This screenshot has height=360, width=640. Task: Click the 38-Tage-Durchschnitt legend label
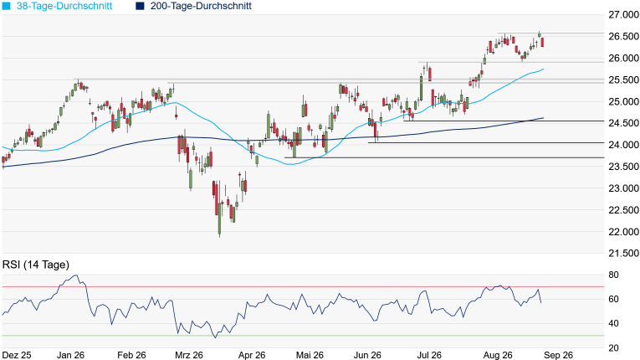coord(64,6)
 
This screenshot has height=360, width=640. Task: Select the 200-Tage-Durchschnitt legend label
coord(201,6)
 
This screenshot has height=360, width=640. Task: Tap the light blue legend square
coord(6,6)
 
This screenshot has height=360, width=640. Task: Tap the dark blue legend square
coord(140,6)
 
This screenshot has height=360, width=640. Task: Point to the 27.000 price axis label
coord(623,15)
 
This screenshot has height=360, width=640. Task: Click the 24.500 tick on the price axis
coord(623,123)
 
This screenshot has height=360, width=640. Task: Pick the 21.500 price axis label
coord(623,254)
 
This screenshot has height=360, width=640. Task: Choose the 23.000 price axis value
coord(623,188)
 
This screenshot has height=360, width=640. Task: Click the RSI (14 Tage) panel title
coord(36,265)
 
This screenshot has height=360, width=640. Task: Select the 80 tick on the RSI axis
coord(613,275)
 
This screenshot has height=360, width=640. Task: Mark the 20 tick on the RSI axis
coord(613,347)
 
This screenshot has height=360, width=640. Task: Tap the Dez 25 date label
coord(17,355)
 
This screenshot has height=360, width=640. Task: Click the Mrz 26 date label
coord(189,355)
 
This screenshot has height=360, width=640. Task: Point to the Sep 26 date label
coord(558,355)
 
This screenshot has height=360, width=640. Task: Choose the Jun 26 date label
coord(367,355)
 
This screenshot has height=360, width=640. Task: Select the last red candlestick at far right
coord(542,42)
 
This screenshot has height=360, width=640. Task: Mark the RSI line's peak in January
coord(75,275)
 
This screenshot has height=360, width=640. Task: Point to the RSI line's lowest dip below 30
coord(216,337)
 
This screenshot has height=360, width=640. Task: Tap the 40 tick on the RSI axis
coord(613,324)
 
